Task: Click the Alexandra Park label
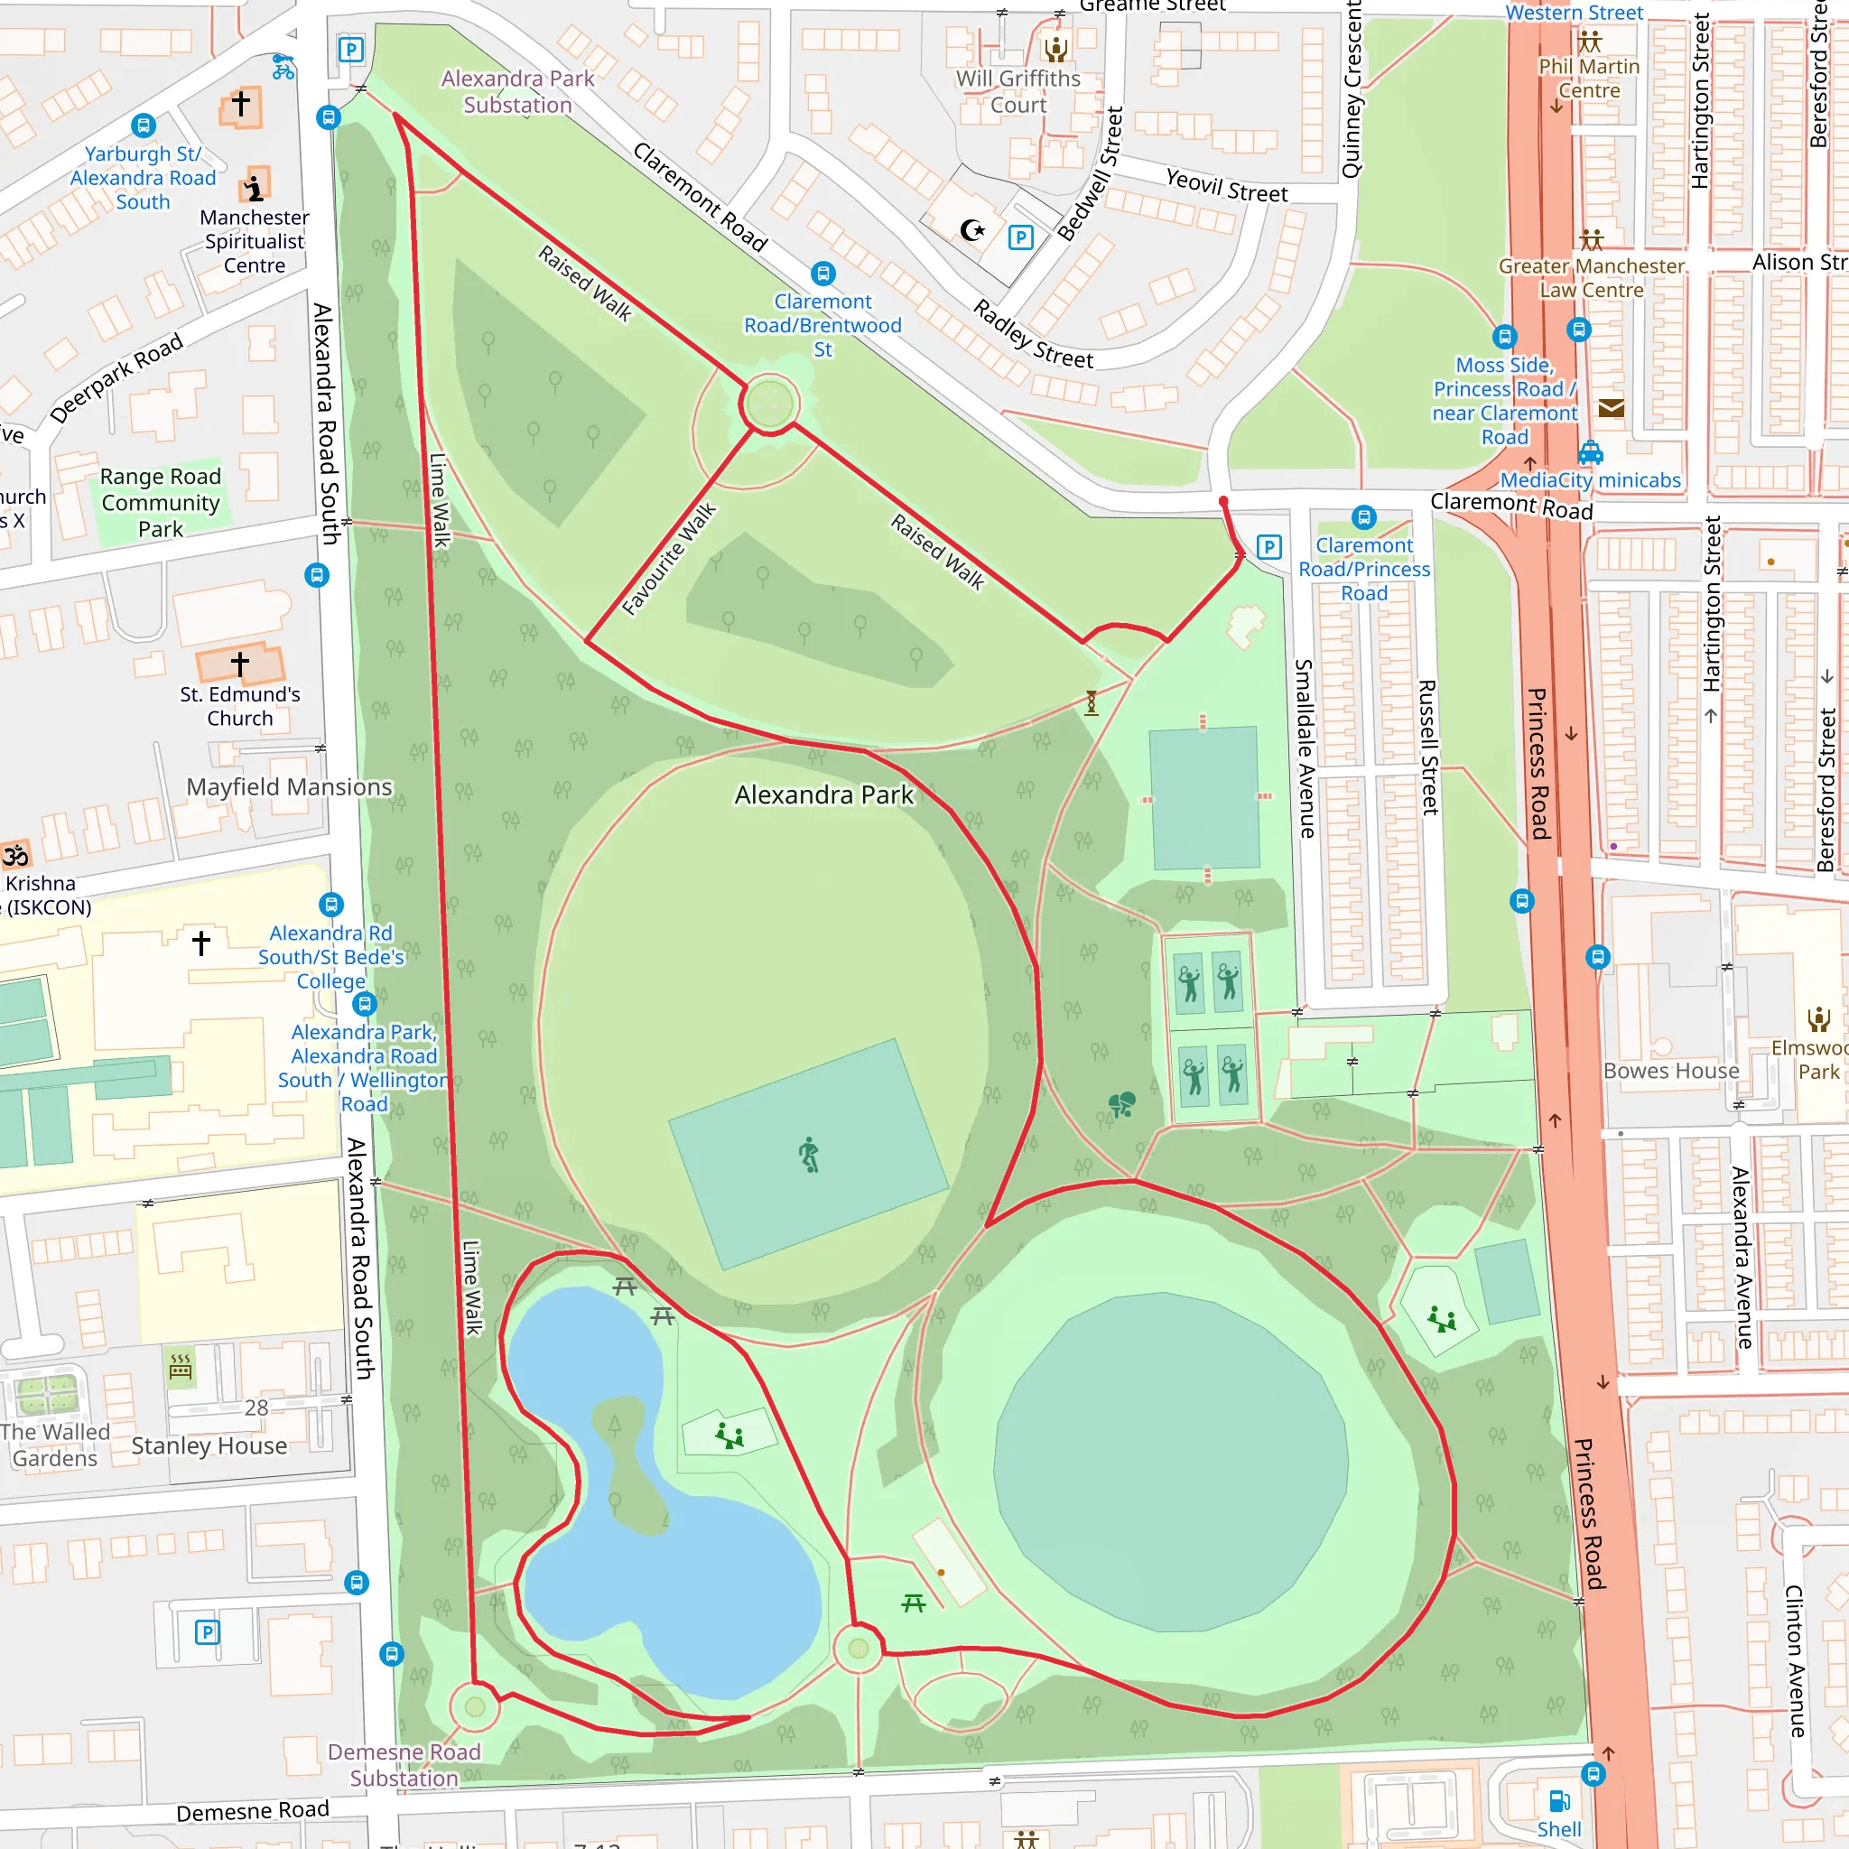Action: [824, 795]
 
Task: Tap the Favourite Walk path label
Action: [669, 559]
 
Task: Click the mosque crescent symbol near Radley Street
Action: [972, 229]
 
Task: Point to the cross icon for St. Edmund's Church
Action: [240, 663]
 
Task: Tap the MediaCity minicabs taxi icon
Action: [1591, 451]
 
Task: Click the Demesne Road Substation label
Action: [404, 1765]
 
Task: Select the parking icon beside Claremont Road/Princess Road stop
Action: [1269, 547]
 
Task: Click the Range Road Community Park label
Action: [161, 503]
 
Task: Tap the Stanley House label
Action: [209, 1446]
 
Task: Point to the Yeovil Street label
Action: [1226, 185]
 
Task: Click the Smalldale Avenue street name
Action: [1305, 748]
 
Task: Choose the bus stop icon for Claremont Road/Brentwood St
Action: [823, 274]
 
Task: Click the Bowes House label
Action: [1671, 1071]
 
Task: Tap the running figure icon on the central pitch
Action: [810, 1154]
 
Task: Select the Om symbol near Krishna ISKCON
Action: [15, 855]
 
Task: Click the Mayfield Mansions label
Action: [289, 787]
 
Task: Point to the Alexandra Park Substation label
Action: [517, 92]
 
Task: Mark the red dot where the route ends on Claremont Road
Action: [1223, 501]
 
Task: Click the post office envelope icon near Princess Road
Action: [1612, 409]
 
